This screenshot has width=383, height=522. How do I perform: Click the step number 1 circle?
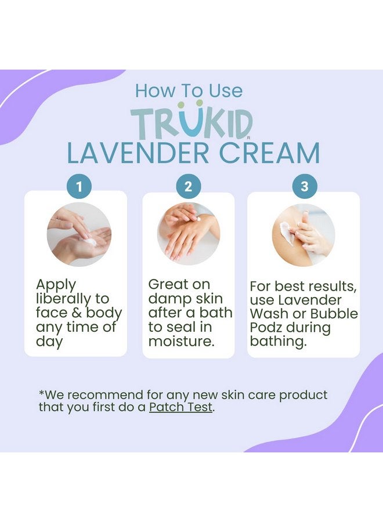pos(79,187)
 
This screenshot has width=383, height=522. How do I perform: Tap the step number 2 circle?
pos(189,187)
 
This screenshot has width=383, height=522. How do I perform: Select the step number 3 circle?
pos(304,187)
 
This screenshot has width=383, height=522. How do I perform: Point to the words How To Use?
pos(189,90)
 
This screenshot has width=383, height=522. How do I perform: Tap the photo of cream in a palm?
pos(79,234)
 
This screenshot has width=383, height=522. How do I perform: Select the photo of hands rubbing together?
pos(189,234)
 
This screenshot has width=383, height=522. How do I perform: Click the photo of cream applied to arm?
pos(303,234)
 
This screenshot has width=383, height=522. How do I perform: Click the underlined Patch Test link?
pos(181,407)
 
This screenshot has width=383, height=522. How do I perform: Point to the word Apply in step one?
pos(56,285)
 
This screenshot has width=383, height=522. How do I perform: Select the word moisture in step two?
pos(180,341)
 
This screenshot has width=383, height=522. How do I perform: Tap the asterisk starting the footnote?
pos(41,393)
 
